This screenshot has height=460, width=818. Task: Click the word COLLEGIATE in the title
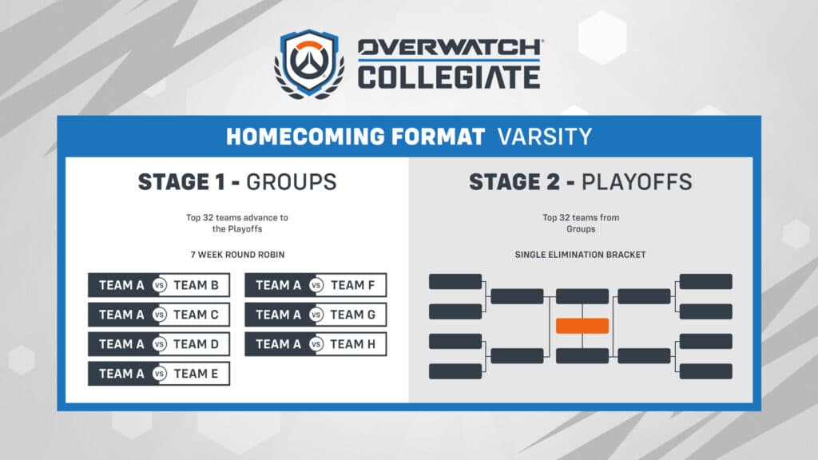pos(448,77)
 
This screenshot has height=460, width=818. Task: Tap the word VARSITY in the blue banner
pos(544,136)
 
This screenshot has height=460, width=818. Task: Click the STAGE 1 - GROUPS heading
pos(237,182)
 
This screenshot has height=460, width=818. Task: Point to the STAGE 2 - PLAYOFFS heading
pos(580,182)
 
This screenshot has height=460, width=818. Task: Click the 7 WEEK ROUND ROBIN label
pos(237,255)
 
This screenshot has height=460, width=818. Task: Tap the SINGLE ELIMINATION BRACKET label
pos(581,255)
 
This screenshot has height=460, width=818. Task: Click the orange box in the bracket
pos(582,326)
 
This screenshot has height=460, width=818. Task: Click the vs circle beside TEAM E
pos(159,374)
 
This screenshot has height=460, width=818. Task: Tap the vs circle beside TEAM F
pos(316,285)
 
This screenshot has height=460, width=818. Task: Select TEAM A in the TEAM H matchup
pos(278,344)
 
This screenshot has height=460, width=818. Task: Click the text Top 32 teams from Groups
pos(581,223)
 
